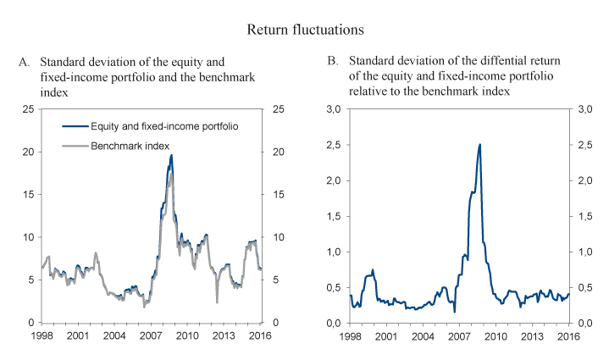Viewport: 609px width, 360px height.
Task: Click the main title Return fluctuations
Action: pyautogui.click(x=306, y=30)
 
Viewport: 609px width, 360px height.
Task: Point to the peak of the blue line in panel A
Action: pyautogui.click(x=171, y=155)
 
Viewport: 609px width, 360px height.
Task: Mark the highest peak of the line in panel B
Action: pyautogui.click(x=480, y=144)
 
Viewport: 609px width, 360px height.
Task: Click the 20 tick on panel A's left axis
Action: pyautogui.click(x=31, y=152)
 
